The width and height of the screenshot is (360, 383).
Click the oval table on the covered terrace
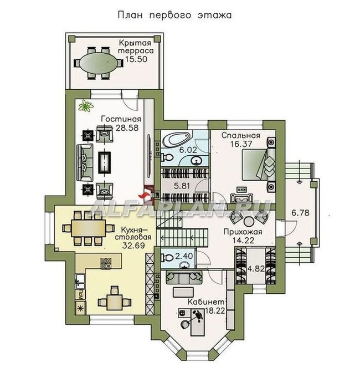(99, 63)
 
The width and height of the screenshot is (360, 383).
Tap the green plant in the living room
(86, 106)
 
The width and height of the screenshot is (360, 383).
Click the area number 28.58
(127, 127)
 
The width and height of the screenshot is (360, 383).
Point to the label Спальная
(241, 136)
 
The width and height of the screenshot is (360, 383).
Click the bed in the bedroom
(259, 165)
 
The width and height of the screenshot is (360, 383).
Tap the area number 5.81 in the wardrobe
(182, 186)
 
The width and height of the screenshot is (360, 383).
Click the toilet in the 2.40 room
(167, 257)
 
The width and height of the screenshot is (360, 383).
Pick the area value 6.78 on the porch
(300, 212)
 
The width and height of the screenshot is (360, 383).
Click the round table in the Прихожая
(249, 222)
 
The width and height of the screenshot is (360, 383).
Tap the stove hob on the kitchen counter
(106, 264)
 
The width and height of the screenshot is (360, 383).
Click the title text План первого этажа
(174, 15)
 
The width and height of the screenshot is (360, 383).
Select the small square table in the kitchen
(115, 302)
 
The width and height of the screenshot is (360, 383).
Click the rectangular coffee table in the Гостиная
(104, 162)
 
